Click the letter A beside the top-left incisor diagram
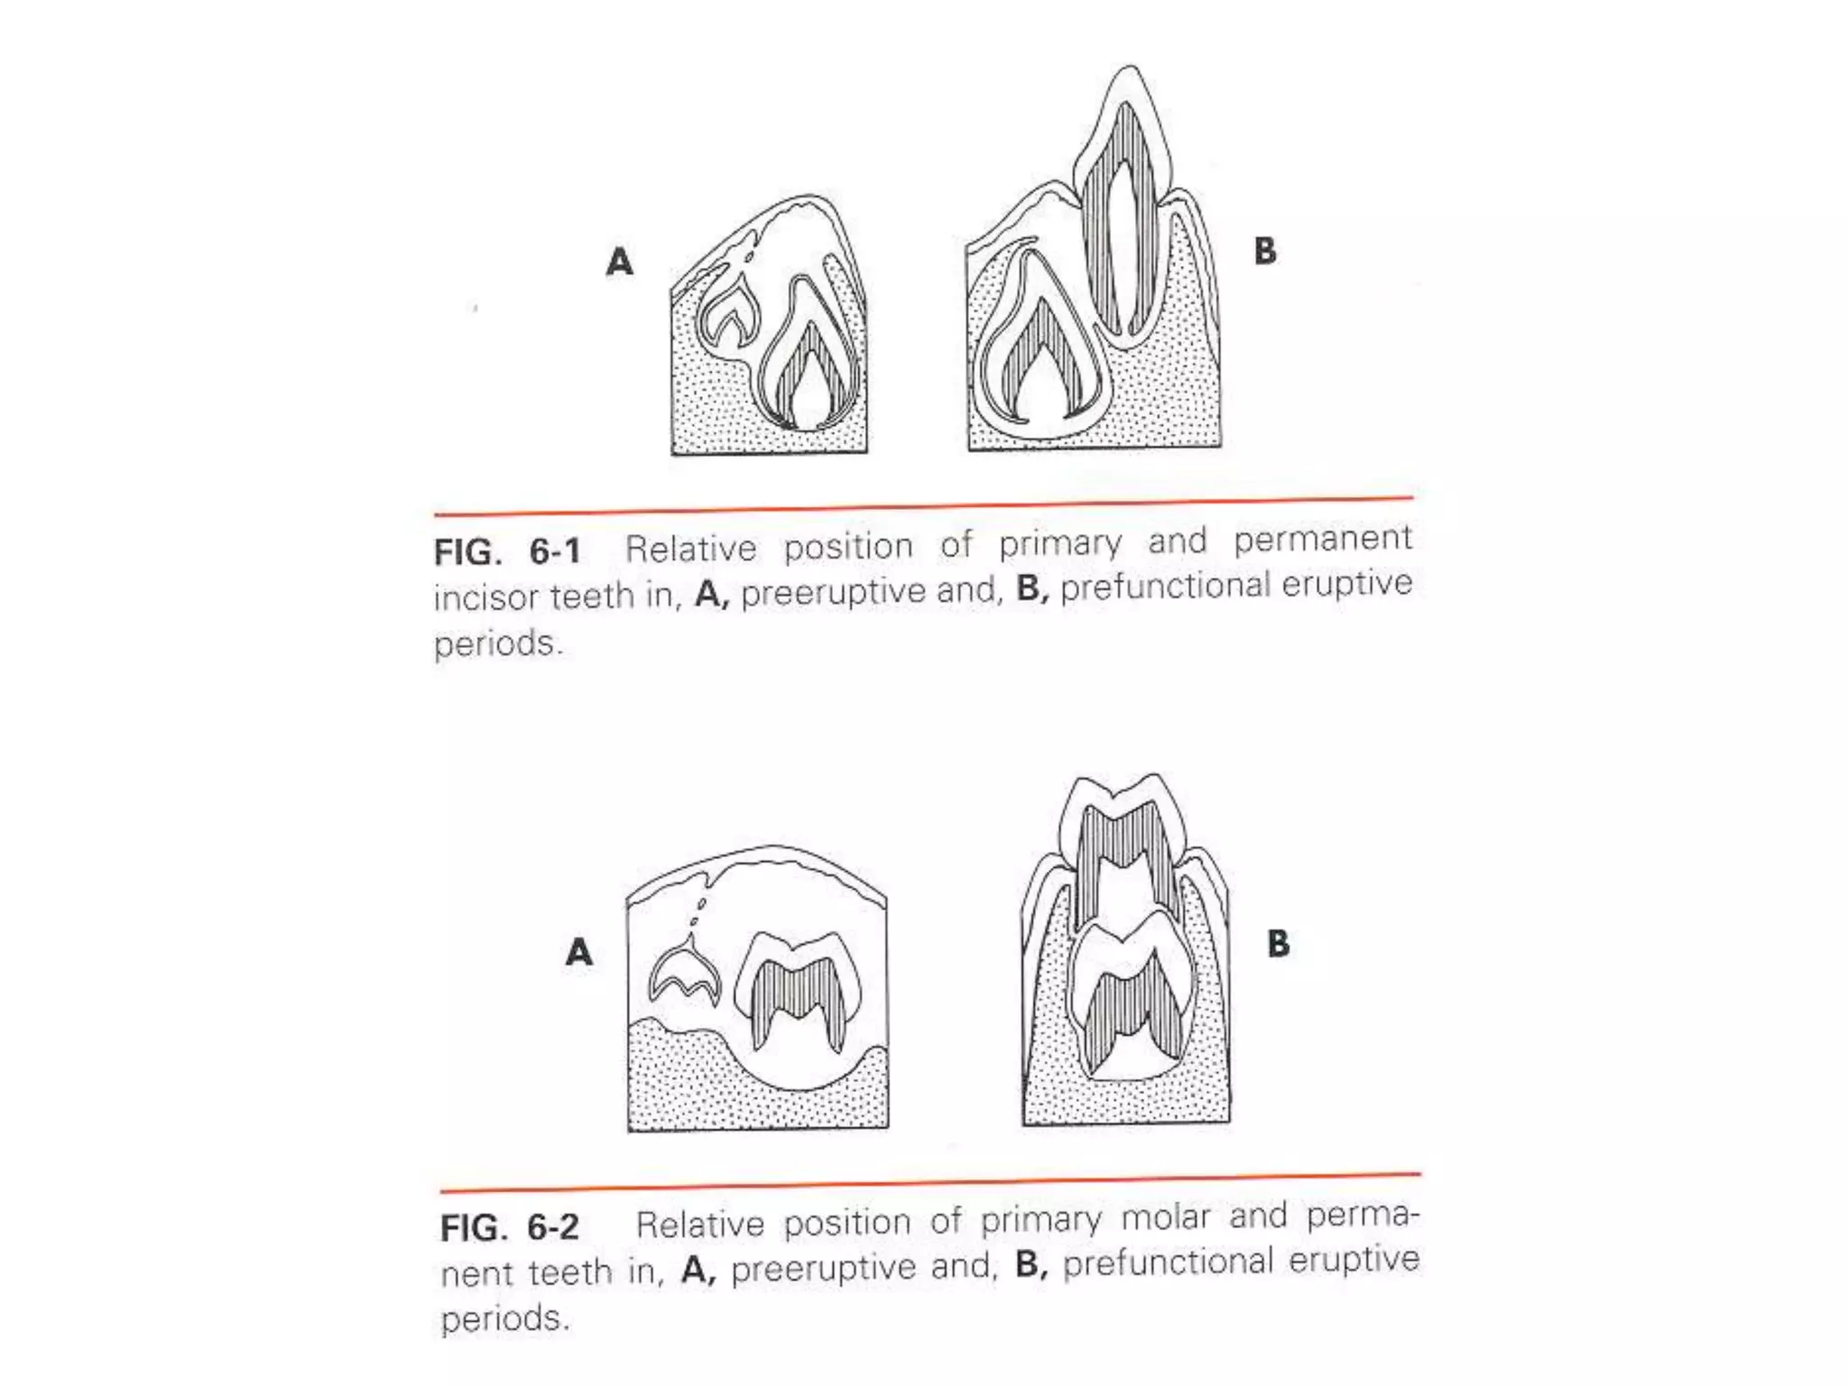[619, 262]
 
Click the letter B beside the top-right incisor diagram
[1265, 251]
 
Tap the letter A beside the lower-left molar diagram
[578, 952]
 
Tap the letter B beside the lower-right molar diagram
[1278, 944]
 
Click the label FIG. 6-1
[507, 551]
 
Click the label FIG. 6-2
[510, 1228]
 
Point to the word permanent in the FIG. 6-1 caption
[1322, 539]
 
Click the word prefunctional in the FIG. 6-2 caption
[1168, 1262]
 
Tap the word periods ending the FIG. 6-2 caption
[504, 1319]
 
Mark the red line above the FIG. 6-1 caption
[923, 506]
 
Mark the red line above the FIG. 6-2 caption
[929, 1183]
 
